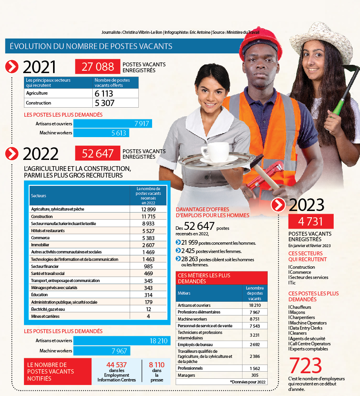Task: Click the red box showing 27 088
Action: pyautogui.click(x=97, y=67)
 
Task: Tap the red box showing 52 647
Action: pyautogui.click(x=97, y=154)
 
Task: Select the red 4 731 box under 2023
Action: pyautogui.click(x=311, y=221)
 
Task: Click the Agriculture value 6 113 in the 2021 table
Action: pyautogui.click(x=104, y=93)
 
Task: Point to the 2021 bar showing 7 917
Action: pyautogui.click(x=113, y=124)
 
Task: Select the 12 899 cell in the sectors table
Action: pyautogui.click(x=149, y=209)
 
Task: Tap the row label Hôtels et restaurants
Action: pyautogui.click(x=48, y=231)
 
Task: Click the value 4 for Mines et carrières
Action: pyautogui.click(x=149, y=316)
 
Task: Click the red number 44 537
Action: pyautogui.click(x=116, y=365)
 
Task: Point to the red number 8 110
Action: pyautogui.click(x=156, y=365)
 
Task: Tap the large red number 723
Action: pyautogui.click(x=306, y=366)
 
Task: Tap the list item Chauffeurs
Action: pyautogui.click(x=300, y=307)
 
